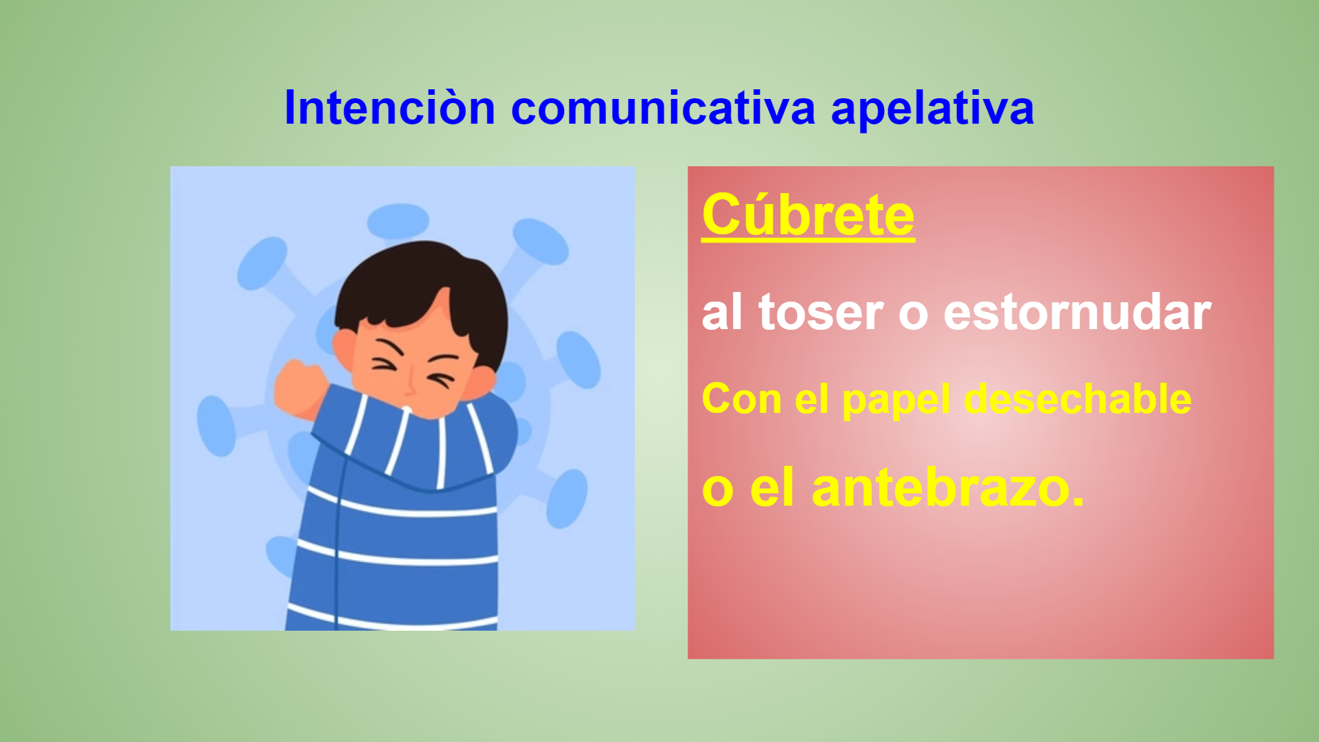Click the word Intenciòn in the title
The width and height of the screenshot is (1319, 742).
point(390,108)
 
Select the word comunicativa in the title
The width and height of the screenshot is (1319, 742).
point(663,108)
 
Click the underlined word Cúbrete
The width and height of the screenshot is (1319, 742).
point(808,215)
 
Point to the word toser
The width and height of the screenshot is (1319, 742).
point(820,313)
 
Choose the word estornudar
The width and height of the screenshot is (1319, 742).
point(1077,313)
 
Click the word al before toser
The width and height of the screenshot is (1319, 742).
point(722,313)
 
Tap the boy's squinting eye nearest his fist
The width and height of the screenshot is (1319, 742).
point(385,364)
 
